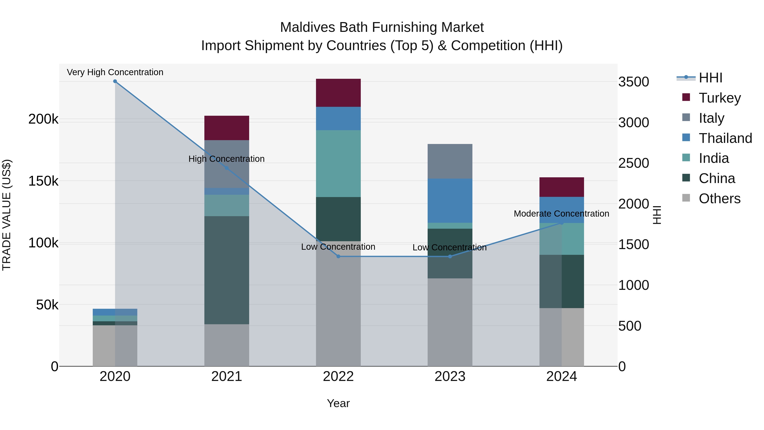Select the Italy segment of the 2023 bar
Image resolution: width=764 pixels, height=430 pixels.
tap(450, 161)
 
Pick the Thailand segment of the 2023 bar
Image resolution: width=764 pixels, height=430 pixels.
tap(450, 201)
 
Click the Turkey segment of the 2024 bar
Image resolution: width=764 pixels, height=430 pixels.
tap(561, 187)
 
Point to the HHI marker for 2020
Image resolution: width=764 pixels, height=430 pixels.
tap(115, 81)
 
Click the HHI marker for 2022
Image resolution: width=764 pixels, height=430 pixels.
tap(338, 256)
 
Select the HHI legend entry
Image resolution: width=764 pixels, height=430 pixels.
tap(710, 78)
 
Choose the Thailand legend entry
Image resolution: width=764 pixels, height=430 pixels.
tap(725, 138)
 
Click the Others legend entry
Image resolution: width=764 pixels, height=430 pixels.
tap(719, 199)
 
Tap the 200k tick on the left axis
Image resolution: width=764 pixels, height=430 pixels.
tap(43, 119)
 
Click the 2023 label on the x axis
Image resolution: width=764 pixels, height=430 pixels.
tap(450, 376)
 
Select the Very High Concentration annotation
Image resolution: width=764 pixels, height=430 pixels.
tap(115, 72)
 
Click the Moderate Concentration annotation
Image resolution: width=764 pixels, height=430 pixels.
tap(561, 214)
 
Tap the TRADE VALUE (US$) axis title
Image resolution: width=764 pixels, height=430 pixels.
tap(7, 215)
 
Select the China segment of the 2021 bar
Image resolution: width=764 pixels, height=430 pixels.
tap(227, 270)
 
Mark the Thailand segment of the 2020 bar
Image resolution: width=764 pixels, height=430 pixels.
tap(115, 312)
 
